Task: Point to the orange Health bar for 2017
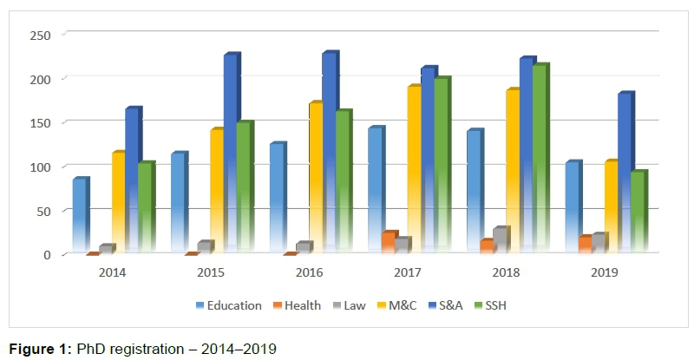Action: click(389, 242)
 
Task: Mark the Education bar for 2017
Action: click(375, 190)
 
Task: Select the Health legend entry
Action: click(298, 305)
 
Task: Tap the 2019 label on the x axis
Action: click(604, 272)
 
